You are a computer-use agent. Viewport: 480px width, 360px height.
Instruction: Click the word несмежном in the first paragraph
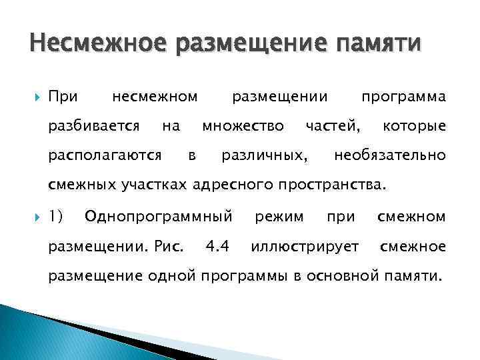coord(155,97)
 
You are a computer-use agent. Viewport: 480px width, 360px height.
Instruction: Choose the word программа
coord(403,97)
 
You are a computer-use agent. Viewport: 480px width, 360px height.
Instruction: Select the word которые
coord(413,126)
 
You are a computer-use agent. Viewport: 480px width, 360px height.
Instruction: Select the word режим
coord(279,217)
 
